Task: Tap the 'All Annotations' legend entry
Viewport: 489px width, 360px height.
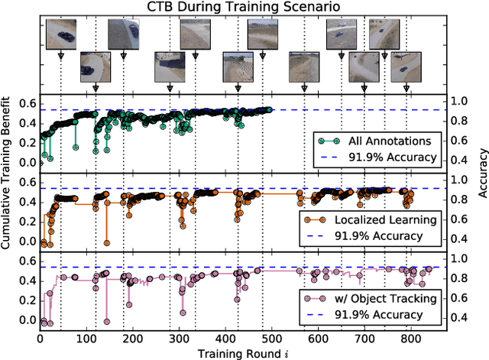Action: click(x=382, y=141)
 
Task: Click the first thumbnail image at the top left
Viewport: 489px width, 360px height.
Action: click(x=60, y=34)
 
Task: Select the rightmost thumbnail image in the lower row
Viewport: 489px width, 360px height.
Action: click(x=404, y=66)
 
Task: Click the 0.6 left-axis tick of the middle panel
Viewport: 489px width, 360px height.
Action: click(x=27, y=182)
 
